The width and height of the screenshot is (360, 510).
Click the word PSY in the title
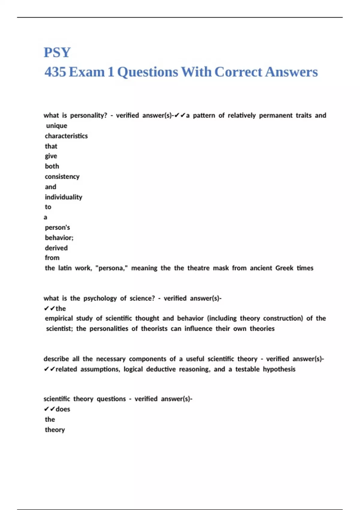pyautogui.click(x=57, y=52)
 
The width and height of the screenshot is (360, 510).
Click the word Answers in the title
pyautogui.click(x=291, y=72)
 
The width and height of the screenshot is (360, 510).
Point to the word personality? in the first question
pyautogui.click(x=88, y=115)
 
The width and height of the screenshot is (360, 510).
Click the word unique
pyautogui.click(x=57, y=126)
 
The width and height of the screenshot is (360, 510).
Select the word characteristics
pyautogui.click(x=66, y=136)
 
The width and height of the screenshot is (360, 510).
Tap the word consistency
pyautogui.click(x=62, y=176)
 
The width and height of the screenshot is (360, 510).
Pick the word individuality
pyautogui.click(x=64, y=197)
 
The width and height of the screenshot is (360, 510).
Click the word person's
pyautogui.click(x=57, y=227)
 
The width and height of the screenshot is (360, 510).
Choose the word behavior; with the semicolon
pyautogui.click(x=59, y=238)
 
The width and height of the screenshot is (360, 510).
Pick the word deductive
pyautogui.click(x=161, y=369)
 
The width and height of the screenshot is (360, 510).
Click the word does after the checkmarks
pyautogui.click(x=63, y=409)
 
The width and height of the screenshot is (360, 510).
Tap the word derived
pyautogui.click(x=56, y=248)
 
